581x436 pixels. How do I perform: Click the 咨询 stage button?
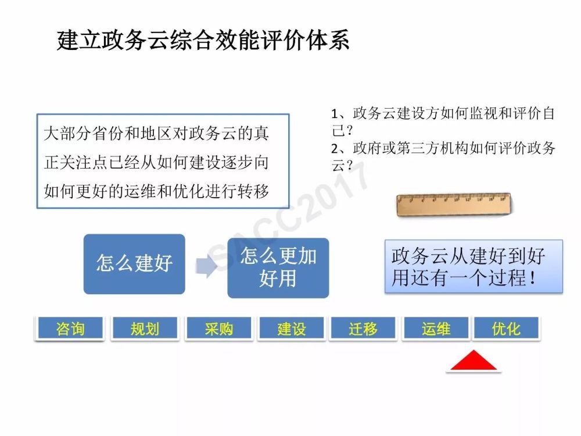pyautogui.click(x=70, y=328)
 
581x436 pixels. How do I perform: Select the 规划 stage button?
pyautogui.click(x=145, y=328)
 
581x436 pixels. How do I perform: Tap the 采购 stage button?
pyautogui.click(x=219, y=328)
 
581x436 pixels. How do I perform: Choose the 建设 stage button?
pyautogui.click(x=292, y=328)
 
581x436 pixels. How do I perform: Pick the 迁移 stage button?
pyautogui.click(x=363, y=328)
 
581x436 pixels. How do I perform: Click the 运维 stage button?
pyautogui.click(x=436, y=328)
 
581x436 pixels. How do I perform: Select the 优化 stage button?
pyautogui.click(x=506, y=328)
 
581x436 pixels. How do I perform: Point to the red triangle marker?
pyautogui.click(x=474, y=362)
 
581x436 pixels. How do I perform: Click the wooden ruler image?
pyautogui.click(x=454, y=204)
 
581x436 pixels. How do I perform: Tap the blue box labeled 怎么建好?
pyautogui.click(x=134, y=264)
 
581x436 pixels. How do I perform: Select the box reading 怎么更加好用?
pyautogui.click(x=278, y=267)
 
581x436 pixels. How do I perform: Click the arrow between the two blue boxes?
pyautogui.click(x=206, y=266)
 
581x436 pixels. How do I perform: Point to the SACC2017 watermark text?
pyautogui.click(x=289, y=215)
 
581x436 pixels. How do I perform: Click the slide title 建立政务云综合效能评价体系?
pyautogui.click(x=203, y=40)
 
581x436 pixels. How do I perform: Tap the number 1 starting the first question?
pyautogui.click(x=335, y=114)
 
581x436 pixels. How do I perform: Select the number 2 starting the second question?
pyautogui.click(x=335, y=149)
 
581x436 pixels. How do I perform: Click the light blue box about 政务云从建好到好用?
pyautogui.click(x=474, y=266)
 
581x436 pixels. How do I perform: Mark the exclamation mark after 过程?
pyautogui.click(x=533, y=277)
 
